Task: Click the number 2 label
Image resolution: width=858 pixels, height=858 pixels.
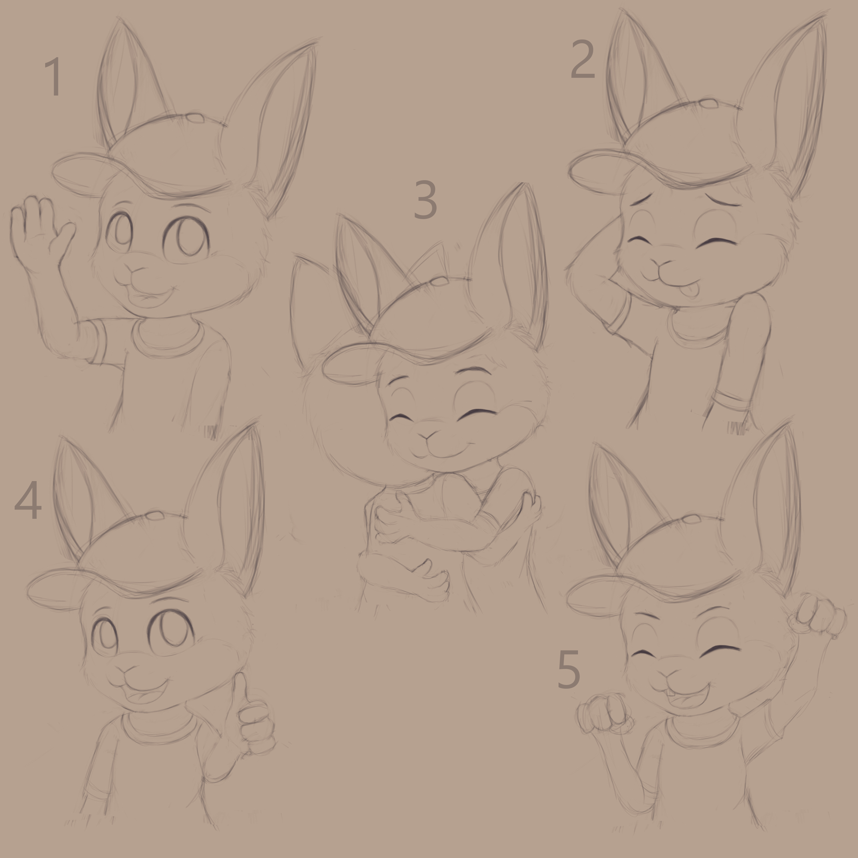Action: (x=582, y=59)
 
